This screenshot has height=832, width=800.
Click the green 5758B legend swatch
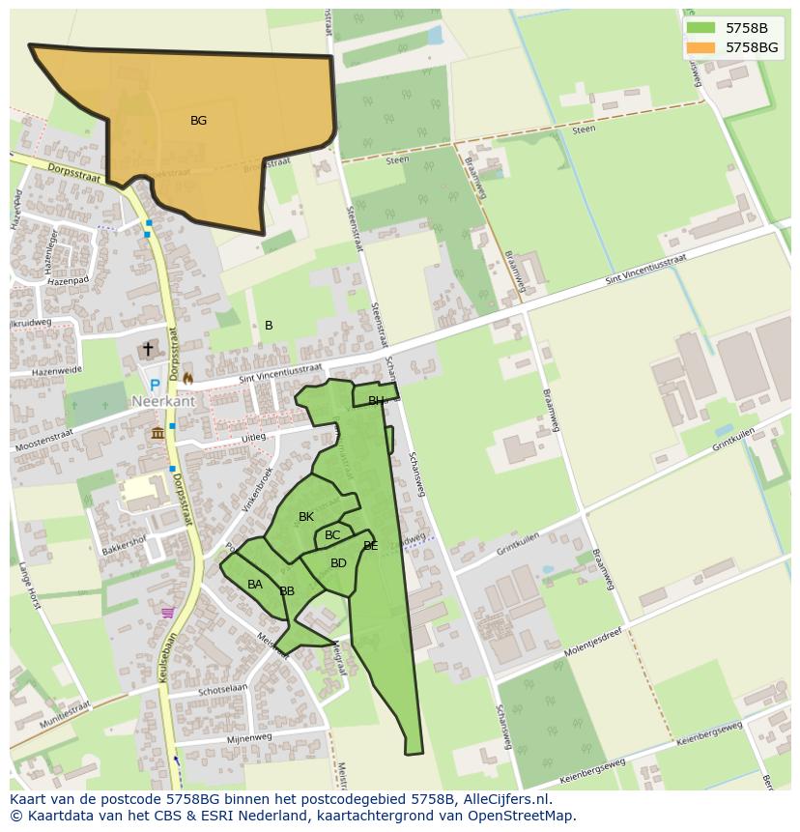tap(701, 28)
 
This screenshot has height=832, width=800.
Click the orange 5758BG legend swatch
tap(701, 46)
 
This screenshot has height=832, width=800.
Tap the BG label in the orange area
tap(198, 121)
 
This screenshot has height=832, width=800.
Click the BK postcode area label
tap(306, 517)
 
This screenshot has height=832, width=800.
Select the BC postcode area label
tap(332, 535)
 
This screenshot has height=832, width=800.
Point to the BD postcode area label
tap(338, 563)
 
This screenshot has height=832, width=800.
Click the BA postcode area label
tap(255, 585)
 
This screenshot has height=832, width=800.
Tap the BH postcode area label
tap(376, 401)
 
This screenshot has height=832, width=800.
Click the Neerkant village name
tap(164, 401)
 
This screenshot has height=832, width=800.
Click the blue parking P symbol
tap(155, 385)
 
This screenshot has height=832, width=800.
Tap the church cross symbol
tap(148, 349)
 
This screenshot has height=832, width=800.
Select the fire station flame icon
tap(187, 378)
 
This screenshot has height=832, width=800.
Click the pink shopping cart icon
tap(168, 613)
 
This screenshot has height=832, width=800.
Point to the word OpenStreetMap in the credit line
tap(523, 816)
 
